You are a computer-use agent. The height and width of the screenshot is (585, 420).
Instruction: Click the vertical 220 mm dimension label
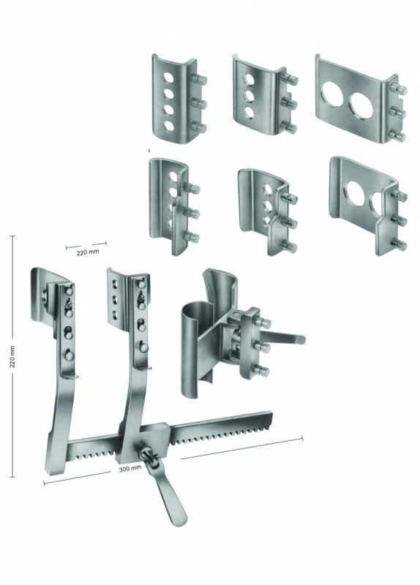point(12,356)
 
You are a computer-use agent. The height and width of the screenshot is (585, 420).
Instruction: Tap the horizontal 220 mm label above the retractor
point(88,252)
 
